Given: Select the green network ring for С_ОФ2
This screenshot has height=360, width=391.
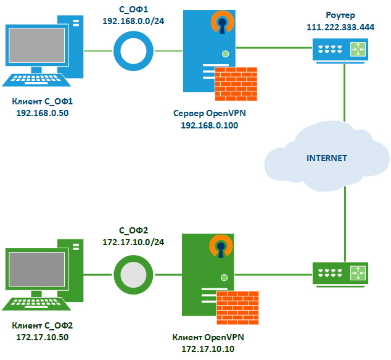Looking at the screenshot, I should tap(132, 274).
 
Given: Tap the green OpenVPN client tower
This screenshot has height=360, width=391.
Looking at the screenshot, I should tap(207, 275).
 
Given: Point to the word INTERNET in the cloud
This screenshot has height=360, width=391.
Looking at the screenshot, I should tap(327, 158).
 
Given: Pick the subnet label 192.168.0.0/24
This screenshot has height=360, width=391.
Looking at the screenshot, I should tap(133, 20).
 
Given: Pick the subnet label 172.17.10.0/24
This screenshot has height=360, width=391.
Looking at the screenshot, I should tap(132, 242).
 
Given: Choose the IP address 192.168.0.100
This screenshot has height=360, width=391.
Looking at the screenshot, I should tap(210, 125).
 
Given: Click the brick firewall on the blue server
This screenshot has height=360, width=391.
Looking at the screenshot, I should tap(240, 85).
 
